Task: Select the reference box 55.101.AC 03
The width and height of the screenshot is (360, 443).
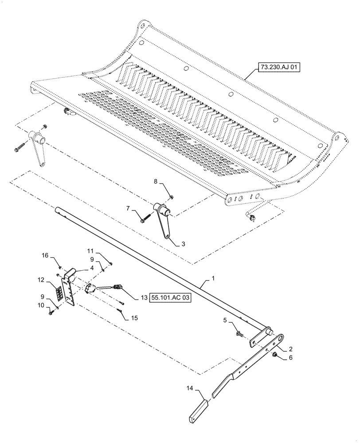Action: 171,299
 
